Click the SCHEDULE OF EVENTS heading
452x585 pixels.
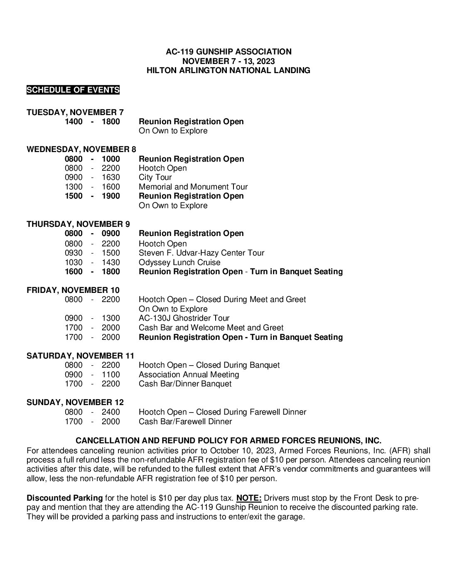click(73, 90)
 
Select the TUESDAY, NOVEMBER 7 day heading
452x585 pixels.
click(75, 112)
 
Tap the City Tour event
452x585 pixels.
click(155, 177)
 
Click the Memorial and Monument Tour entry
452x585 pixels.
click(193, 187)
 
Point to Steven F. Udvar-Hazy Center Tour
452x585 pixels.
click(201, 253)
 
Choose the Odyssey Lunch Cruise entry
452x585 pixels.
click(179, 263)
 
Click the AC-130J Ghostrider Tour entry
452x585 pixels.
click(184, 318)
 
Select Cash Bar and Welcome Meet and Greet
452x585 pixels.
click(211, 328)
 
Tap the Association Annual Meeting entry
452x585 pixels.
click(189, 375)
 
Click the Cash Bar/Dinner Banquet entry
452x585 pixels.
click(185, 384)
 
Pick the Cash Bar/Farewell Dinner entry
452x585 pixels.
click(185, 422)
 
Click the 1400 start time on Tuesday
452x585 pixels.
click(74, 122)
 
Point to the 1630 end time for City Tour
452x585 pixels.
click(111, 177)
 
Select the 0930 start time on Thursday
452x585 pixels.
click(74, 253)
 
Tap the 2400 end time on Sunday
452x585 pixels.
click(111, 412)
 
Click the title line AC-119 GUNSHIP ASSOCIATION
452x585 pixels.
click(228, 52)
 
